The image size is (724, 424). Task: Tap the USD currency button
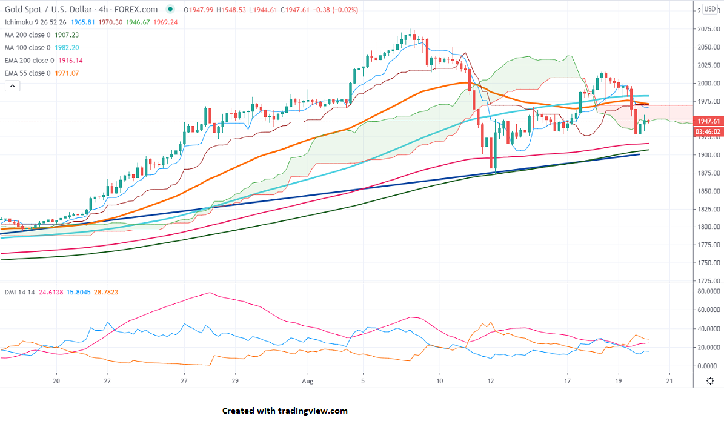tap(709, 10)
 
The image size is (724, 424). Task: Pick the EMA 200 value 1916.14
tap(70, 61)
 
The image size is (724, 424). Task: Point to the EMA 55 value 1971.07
tap(67, 73)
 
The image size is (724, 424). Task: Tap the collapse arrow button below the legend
tap(12, 86)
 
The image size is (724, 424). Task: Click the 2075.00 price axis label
tap(708, 29)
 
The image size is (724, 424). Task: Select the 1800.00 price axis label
tap(708, 227)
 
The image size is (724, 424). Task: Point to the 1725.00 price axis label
tap(708, 281)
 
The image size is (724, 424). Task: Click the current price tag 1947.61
tap(708, 121)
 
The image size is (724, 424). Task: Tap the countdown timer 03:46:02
tap(708, 131)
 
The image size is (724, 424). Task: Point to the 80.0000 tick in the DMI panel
tap(709, 291)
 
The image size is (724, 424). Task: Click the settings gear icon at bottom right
tap(709, 380)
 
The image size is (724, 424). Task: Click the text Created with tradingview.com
tap(285, 411)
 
